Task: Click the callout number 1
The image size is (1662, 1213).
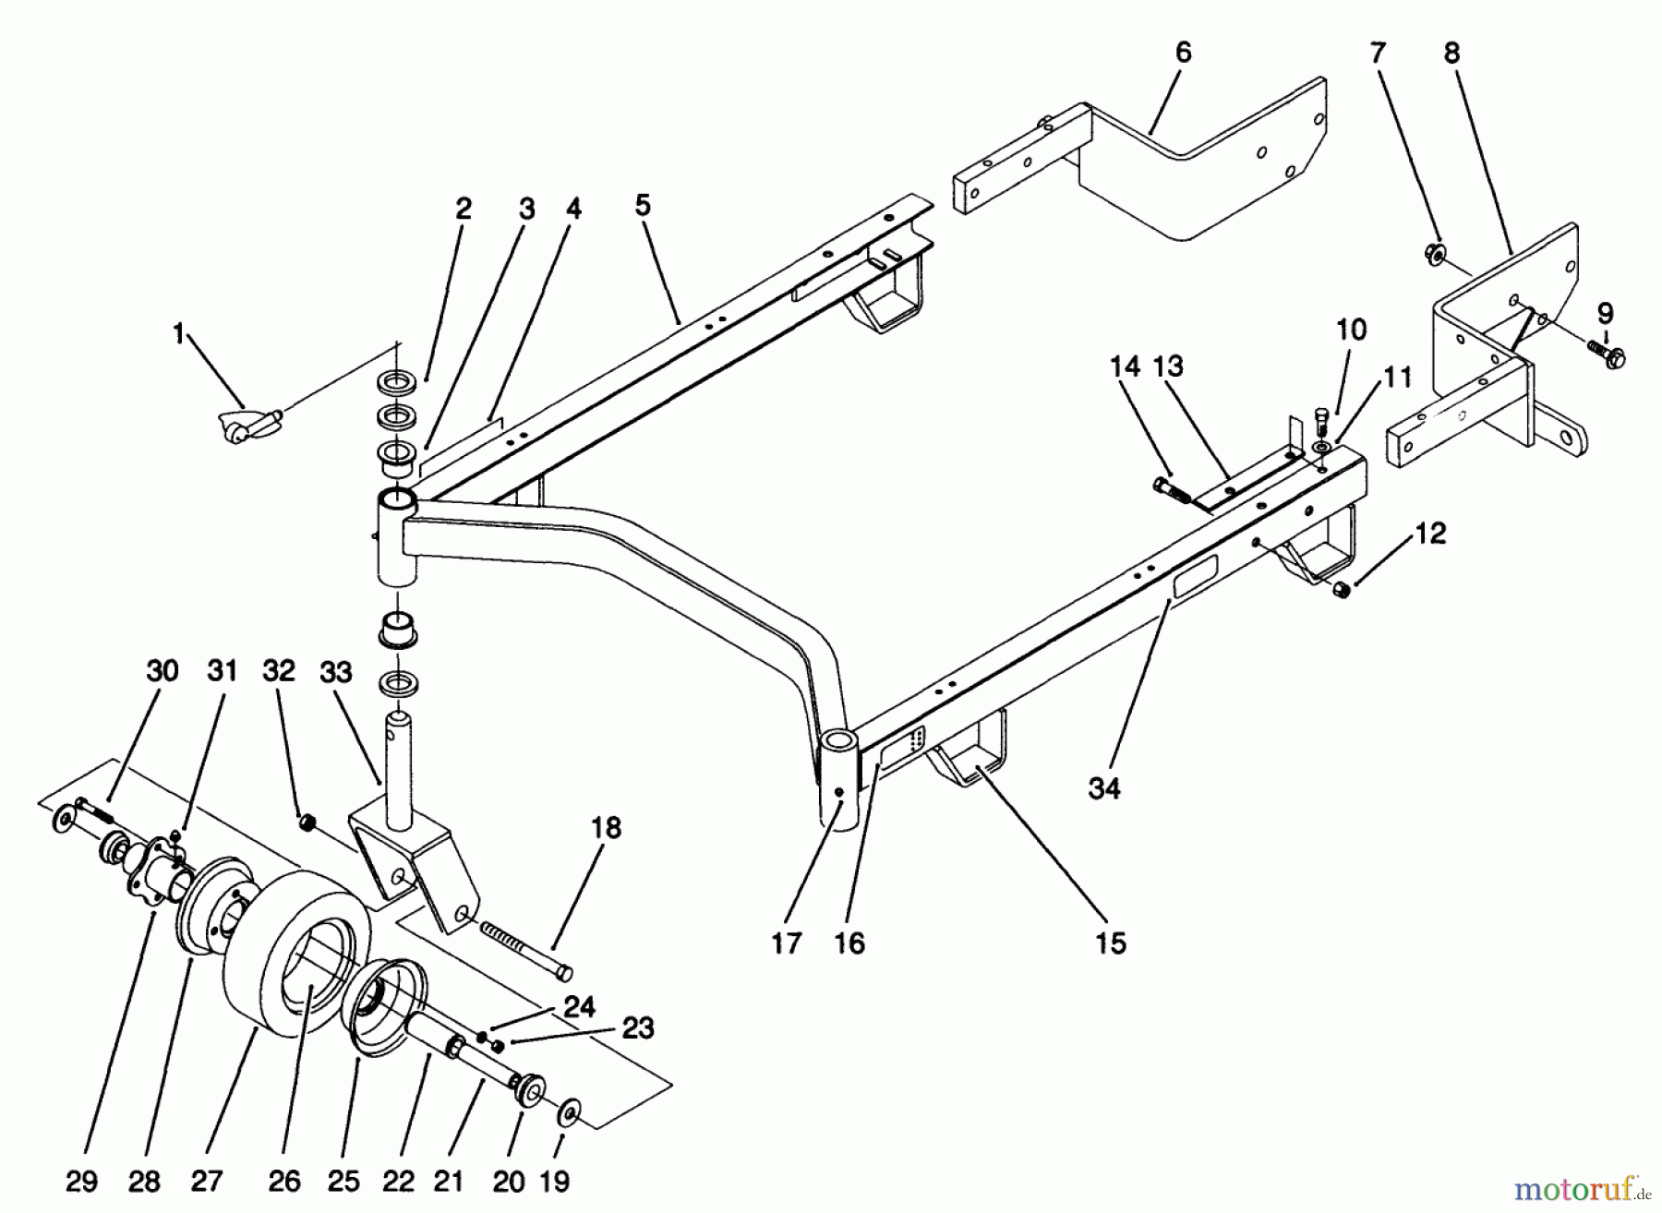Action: pos(179,333)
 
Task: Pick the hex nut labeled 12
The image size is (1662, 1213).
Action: pos(1342,589)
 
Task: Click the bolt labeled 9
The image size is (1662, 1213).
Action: pos(1607,355)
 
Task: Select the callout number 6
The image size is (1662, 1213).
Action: pos(1184,52)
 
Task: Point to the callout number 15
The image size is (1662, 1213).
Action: pos(1111,943)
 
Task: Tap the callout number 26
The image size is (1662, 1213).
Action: pos(284,1180)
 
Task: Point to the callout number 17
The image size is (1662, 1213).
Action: pos(787,943)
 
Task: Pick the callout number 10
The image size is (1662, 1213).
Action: pos(1352,330)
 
